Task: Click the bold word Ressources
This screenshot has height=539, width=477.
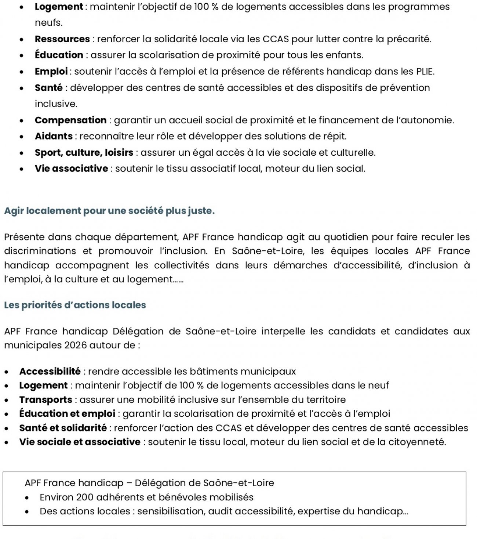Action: (62, 39)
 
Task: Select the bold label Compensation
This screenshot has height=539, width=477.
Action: (70, 120)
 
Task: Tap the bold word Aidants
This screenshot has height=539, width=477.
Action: (54, 136)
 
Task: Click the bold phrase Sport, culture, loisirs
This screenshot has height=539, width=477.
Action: (84, 152)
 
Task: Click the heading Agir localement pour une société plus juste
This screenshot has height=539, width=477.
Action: (109, 211)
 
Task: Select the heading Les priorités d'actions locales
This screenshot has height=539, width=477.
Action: (75, 305)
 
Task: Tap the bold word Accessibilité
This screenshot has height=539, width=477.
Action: (50, 371)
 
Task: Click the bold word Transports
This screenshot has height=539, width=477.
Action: (46, 399)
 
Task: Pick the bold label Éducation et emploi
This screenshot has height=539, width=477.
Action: (67, 413)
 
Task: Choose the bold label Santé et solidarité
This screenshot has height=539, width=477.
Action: (63, 428)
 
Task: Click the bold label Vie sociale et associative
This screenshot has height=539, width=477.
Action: (80, 442)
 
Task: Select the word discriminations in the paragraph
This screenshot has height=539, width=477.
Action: (40, 251)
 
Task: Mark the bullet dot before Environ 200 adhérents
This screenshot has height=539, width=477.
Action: (27, 498)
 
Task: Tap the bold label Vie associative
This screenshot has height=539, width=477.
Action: (71, 169)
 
